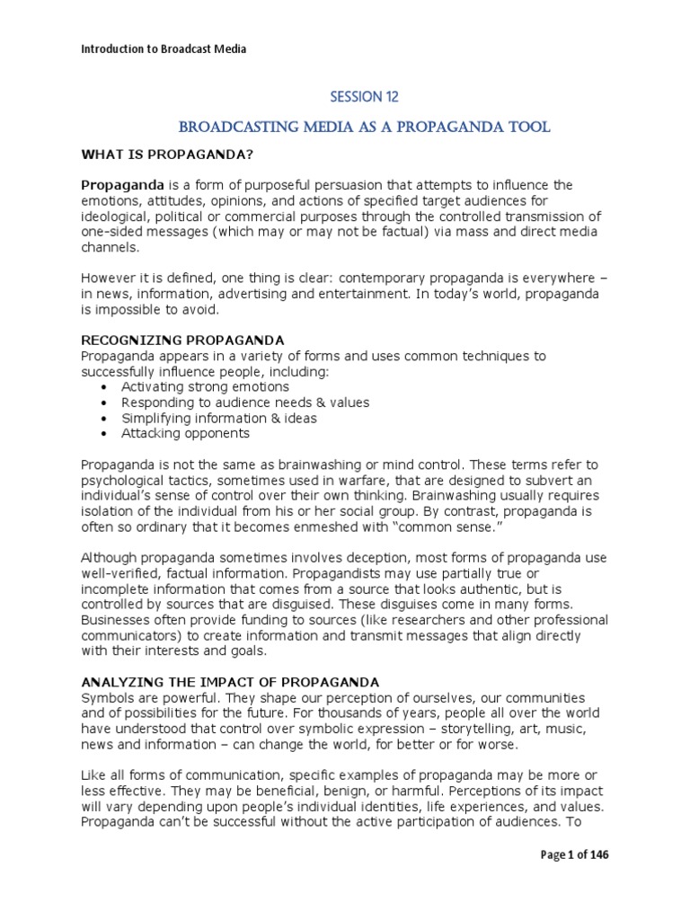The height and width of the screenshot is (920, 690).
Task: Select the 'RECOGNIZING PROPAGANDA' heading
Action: coord(182,341)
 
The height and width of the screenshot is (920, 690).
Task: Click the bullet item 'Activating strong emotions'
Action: coord(205,387)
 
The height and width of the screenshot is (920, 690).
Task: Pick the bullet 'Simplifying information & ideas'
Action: coord(218,418)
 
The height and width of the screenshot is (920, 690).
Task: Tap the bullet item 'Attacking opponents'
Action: coord(185,433)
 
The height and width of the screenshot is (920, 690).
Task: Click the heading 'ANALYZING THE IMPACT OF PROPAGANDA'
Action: coord(230,682)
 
